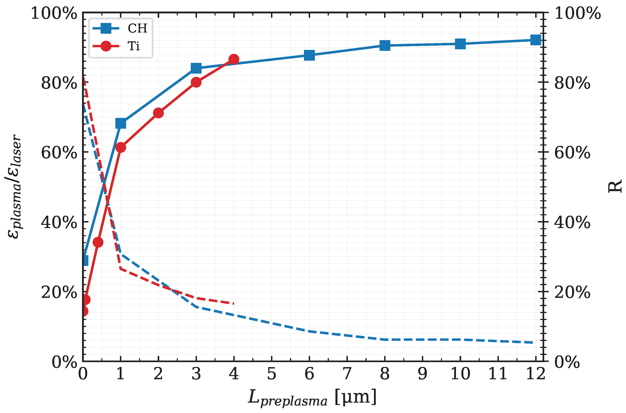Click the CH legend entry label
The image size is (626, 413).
(x=137, y=28)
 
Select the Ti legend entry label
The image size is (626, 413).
(x=134, y=46)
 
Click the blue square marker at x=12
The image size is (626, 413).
(x=536, y=40)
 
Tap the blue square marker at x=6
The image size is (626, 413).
(x=309, y=55)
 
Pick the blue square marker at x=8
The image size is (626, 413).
(x=385, y=45)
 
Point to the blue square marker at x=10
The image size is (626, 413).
(x=460, y=44)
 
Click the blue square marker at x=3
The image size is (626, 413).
(x=196, y=68)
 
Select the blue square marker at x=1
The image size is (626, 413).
(x=121, y=123)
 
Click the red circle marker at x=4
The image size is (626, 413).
(x=234, y=59)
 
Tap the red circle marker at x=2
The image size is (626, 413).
(x=158, y=113)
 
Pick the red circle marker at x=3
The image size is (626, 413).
(x=196, y=82)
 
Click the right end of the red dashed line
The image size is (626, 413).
(x=233, y=303)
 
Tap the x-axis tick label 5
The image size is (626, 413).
(x=272, y=373)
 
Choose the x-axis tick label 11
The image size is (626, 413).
(x=498, y=373)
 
